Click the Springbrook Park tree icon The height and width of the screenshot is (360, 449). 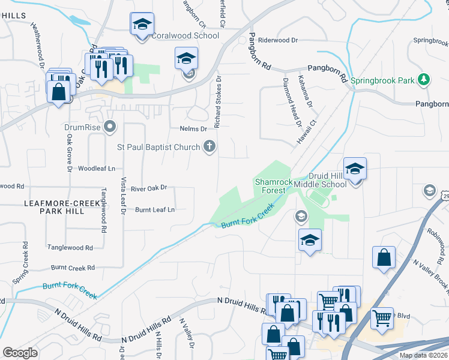click(424, 79)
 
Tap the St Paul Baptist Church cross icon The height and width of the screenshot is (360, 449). click(209, 146)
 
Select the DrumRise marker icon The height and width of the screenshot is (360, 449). click(109, 127)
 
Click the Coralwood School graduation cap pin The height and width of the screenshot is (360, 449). click(142, 25)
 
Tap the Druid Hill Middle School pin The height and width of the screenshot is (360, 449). click(354, 169)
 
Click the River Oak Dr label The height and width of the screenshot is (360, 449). click(148, 188)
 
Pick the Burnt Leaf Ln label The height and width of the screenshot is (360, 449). click(154, 209)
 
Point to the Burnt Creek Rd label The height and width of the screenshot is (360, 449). click(73, 268)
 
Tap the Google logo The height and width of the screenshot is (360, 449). click(20, 353)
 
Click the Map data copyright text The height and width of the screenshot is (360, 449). click(423, 355)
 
